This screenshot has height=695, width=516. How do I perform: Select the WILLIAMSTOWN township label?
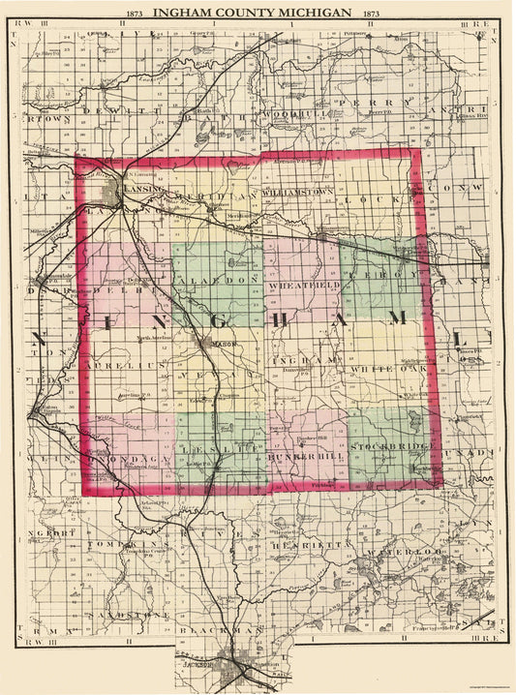(x=297, y=193)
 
